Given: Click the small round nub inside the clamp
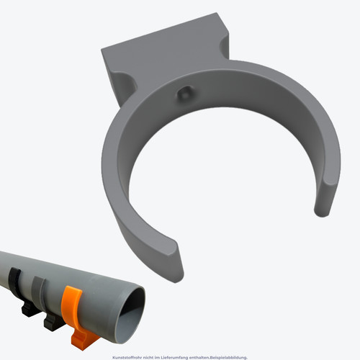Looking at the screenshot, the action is (x=185, y=94).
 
